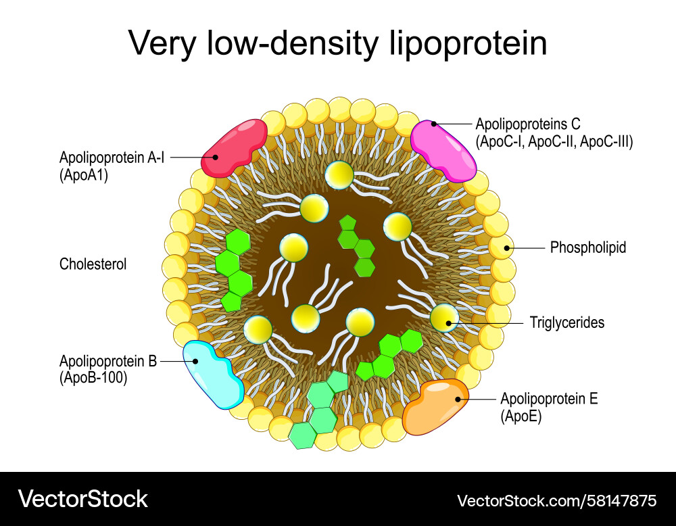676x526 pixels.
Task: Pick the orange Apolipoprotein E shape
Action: pos(436,406)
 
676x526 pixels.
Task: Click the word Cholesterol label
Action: pos(93,264)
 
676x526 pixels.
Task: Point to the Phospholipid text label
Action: pos(588,247)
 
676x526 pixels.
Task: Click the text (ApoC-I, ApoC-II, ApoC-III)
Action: pos(554,141)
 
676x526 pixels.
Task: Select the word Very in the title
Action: pos(157,43)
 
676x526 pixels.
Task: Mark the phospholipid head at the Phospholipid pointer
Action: pos(502,248)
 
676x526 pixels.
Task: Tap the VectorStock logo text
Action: pos(83,499)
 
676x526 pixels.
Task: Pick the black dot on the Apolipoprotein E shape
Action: pos(458,399)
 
